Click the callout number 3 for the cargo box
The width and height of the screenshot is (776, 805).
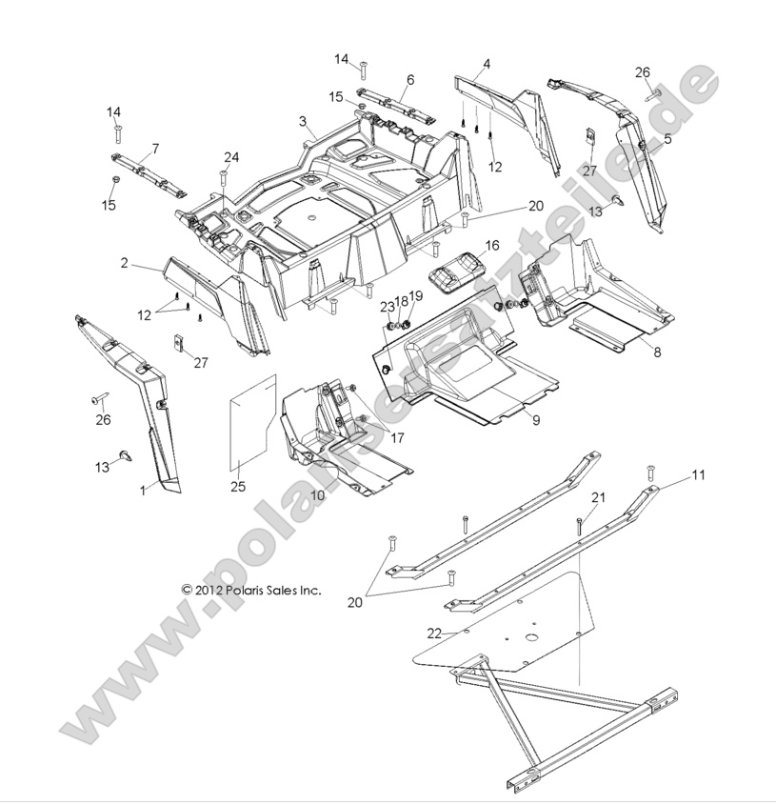click(x=303, y=121)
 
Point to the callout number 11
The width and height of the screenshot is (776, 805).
click(x=698, y=474)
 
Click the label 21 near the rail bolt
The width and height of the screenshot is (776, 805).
click(x=598, y=497)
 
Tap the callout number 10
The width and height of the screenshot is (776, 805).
click(x=317, y=495)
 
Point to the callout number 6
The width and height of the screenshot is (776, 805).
click(x=410, y=79)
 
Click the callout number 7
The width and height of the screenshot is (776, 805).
click(x=154, y=149)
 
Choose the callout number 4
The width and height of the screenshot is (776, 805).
click(x=487, y=64)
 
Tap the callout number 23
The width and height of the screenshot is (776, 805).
click(x=387, y=307)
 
